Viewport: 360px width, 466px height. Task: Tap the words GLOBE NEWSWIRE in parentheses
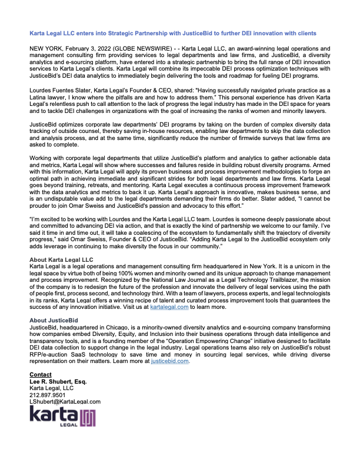click(136, 45)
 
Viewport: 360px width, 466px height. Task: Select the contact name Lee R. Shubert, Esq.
click(58, 382)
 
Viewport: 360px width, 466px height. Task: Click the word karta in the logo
click(53, 415)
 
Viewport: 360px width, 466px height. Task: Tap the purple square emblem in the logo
click(88, 417)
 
